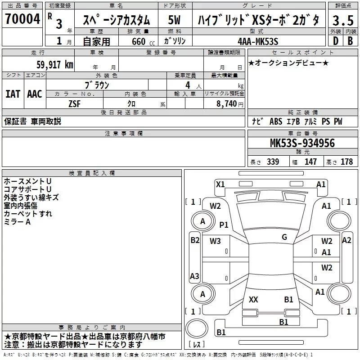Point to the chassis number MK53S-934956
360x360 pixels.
(302, 143)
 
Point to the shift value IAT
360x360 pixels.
(13, 94)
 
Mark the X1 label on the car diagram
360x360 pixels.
(220, 184)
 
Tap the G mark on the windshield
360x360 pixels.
(284, 237)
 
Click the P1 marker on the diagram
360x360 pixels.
(224, 225)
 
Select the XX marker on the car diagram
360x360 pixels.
(253, 299)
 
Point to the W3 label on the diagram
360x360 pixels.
(215, 241)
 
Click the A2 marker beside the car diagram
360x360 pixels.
(346, 240)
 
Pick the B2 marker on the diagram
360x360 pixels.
(194, 240)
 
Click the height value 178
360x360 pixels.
(346, 162)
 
